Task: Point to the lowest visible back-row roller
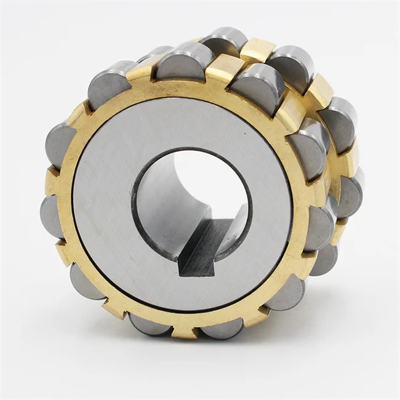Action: coord(323,258)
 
